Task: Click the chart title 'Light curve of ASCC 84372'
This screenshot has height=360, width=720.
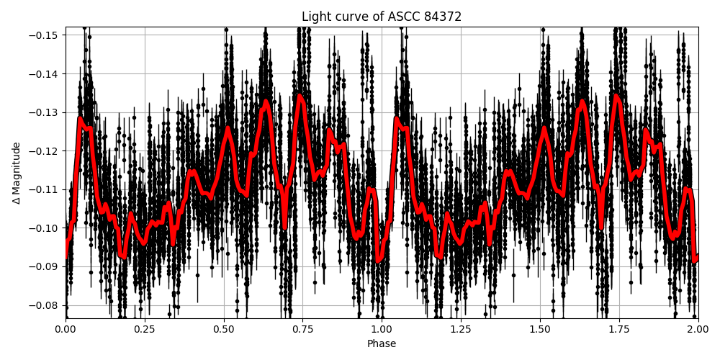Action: tap(382, 17)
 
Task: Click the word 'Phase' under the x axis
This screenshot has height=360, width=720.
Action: tap(382, 344)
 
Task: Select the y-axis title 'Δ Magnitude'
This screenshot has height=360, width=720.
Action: tap(17, 173)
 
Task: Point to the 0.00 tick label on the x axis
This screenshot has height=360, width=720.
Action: tap(66, 330)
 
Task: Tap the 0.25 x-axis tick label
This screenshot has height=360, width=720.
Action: tap(145, 330)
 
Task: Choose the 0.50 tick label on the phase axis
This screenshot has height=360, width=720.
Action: tap(224, 330)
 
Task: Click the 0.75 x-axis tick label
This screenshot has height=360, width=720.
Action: tap(302, 330)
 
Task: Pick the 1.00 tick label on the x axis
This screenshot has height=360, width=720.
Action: tap(382, 330)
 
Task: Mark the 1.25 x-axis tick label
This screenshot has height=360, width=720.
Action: tap(461, 330)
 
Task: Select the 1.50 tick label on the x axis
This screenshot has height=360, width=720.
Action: tap(540, 330)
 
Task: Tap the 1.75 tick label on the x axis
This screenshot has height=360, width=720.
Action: tap(619, 330)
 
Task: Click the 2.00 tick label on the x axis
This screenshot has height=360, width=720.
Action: tap(698, 330)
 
